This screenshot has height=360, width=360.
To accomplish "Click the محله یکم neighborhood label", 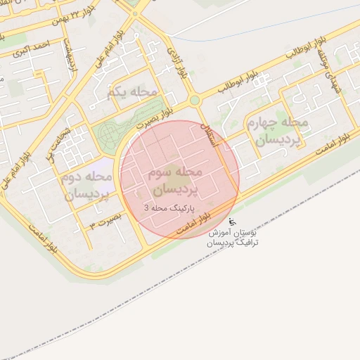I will point(133,93).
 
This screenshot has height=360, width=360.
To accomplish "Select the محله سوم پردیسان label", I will point(175,181).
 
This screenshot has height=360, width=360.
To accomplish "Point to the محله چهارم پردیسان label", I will point(277,131).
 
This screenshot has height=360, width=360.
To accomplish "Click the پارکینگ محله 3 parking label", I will point(171,208).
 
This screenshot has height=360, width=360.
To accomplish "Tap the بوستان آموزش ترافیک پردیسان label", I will point(233,236).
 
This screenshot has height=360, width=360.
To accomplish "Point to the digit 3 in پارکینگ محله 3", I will point(147,208).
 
